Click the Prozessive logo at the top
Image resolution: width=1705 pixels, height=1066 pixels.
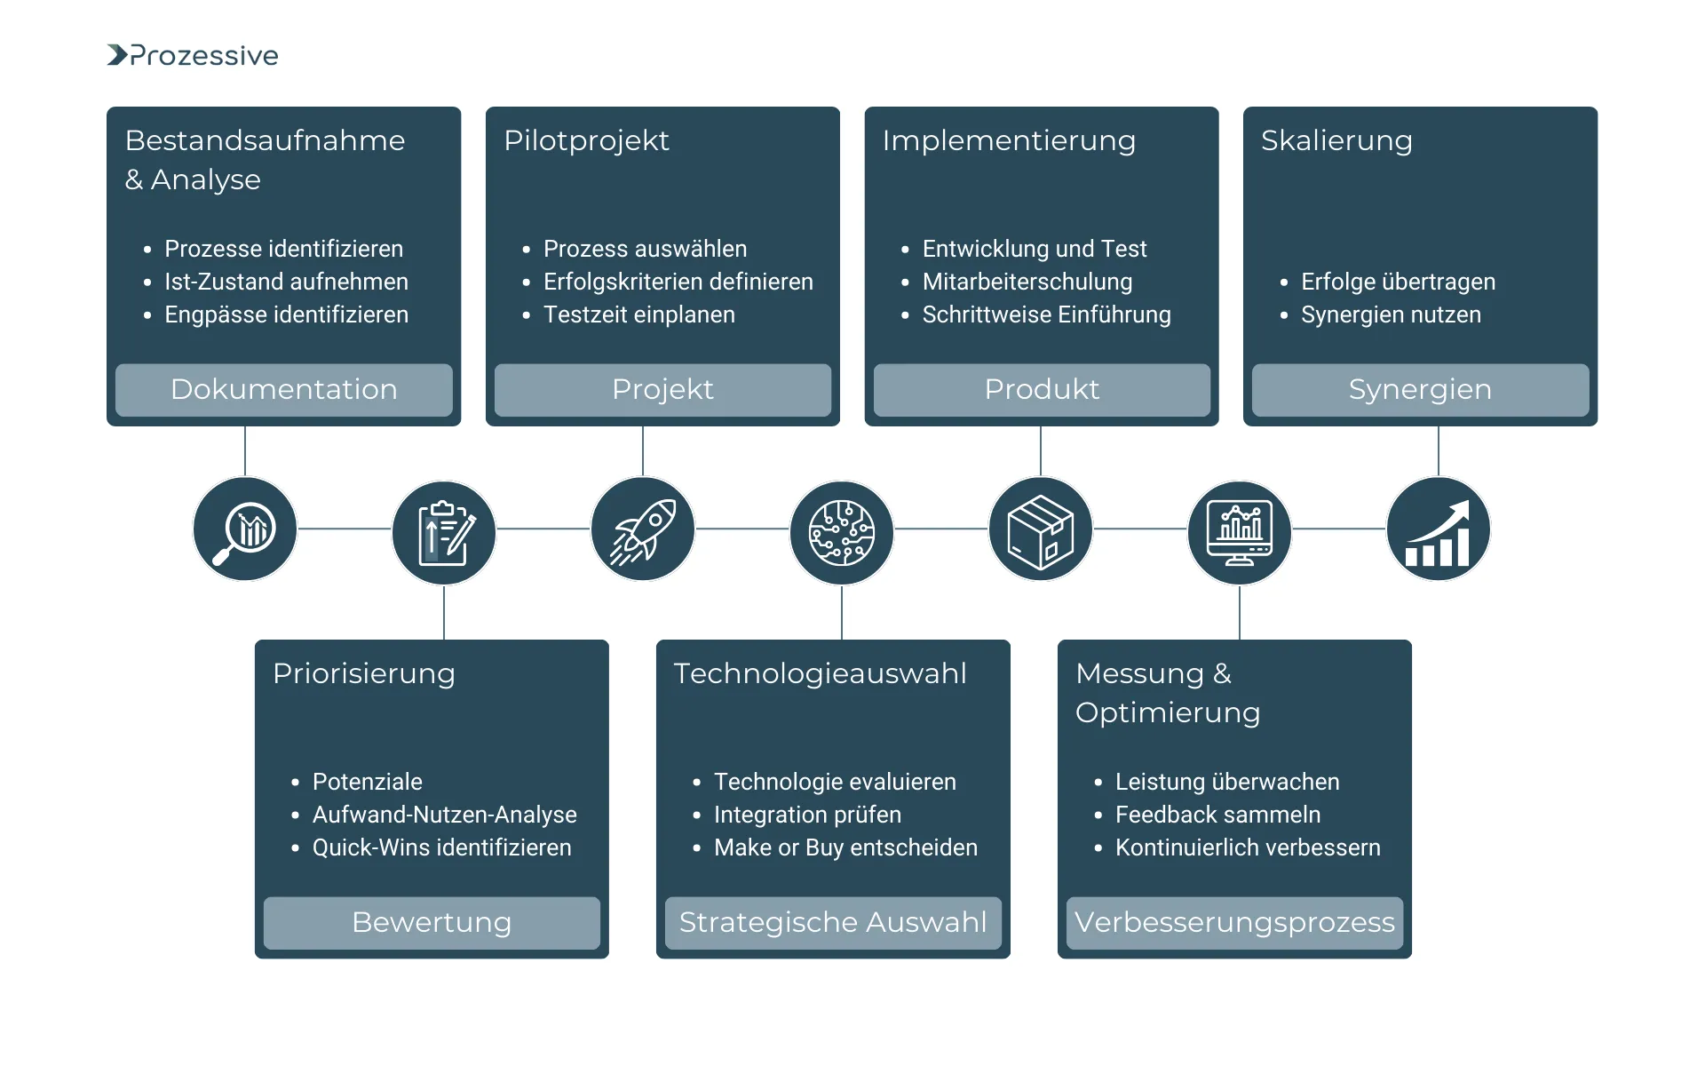coord(193,55)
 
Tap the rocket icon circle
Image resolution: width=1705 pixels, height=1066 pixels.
coord(643,529)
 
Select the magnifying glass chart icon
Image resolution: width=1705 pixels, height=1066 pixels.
coord(245,529)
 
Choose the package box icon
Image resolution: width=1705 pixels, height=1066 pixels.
coord(1041,529)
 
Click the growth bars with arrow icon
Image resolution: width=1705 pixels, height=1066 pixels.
coord(1439,529)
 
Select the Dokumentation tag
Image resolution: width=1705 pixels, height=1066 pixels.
coord(284,389)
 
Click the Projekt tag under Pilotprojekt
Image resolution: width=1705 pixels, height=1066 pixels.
coord(662,389)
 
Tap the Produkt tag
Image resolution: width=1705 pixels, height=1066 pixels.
coord(1042,389)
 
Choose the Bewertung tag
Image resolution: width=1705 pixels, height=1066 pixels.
coord(432,922)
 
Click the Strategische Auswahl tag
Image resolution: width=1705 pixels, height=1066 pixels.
coord(833,922)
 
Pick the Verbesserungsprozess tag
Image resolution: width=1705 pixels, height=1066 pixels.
coord(1234,922)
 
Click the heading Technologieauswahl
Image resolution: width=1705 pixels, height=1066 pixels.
coord(820,673)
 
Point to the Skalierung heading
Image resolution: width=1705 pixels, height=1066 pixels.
coord(1336,140)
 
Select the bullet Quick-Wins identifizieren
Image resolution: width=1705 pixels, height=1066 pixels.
coord(441,847)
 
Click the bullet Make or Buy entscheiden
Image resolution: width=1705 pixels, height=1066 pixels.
coord(845,847)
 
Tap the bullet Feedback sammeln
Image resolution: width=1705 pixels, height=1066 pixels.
coord(1217,815)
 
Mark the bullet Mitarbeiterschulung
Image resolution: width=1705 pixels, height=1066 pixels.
coord(1027,282)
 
